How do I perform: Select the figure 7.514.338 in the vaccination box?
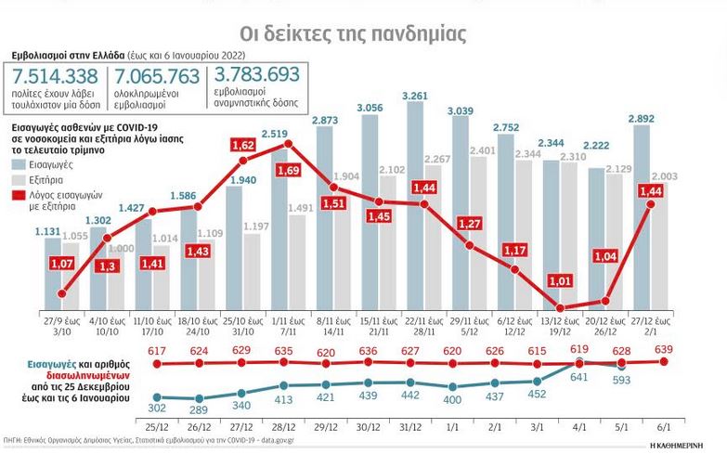click(54, 77)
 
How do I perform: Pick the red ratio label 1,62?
click(242, 146)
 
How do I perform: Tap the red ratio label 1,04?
click(605, 256)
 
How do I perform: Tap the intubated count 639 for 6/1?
click(666, 349)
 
